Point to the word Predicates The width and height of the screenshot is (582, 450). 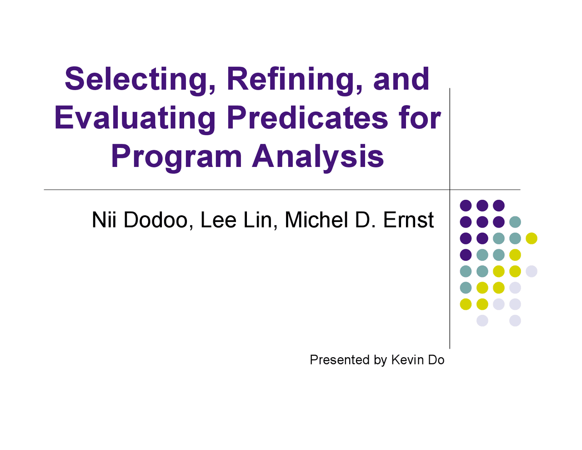[x=308, y=118]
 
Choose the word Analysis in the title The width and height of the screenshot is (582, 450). [x=318, y=157]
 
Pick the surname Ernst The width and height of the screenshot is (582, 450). [x=408, y=220]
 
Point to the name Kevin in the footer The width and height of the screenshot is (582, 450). [x=407, y=360]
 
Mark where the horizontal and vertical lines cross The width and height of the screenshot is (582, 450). [x=450, y=190]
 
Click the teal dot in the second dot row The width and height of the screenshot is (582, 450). [x=515, y=222]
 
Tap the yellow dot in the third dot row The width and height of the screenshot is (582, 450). [x=532, y=238]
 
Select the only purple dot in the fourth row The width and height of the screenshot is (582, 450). [x=466, y=255]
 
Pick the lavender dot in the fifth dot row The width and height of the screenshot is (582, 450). [x=532, y=271]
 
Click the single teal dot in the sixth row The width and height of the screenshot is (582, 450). [x=466, y=288]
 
